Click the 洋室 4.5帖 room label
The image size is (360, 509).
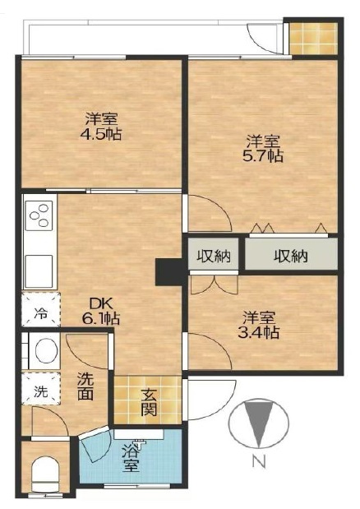[101, 127]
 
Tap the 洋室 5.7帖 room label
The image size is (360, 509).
[263, 149]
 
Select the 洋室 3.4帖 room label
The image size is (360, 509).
[259, 325]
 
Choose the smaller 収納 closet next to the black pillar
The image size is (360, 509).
[214, 256]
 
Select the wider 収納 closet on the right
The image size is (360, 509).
[291, 257]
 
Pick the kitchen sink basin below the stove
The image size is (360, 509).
[39, 271]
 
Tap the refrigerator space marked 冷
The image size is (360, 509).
[41, 309]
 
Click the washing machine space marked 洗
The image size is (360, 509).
[41, 389]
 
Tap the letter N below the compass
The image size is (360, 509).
[260, 461]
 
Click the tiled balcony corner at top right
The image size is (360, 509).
[313, 39]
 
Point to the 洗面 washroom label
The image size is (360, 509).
[85, 386]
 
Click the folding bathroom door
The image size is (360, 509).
[95, 444]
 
